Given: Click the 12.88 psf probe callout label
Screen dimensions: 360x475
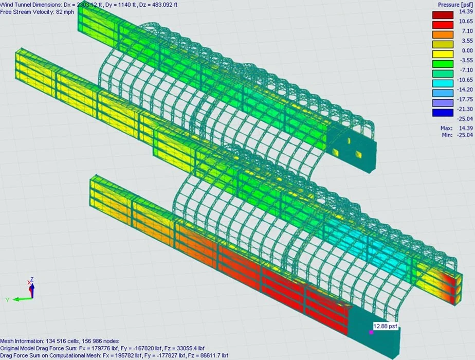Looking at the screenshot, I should (385, 326).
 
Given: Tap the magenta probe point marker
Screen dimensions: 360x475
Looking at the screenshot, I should (371, 332).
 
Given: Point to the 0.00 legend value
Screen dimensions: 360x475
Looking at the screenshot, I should (465, 50).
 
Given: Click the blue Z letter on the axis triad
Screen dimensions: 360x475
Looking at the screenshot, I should (32, 279).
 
